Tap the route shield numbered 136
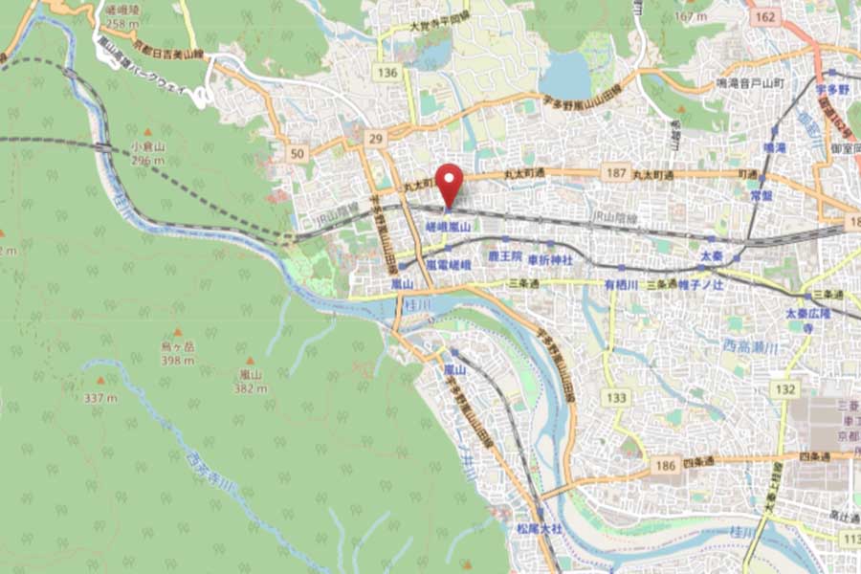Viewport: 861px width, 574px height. point(387,73)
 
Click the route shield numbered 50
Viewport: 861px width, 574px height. point(297,154)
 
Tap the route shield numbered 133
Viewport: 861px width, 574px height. point(617,397)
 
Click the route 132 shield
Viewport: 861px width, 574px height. point(786,389)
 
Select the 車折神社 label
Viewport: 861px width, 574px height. point(552,259)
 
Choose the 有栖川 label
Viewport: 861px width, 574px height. point(621,284)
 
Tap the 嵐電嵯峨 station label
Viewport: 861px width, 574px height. point(449,264)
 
